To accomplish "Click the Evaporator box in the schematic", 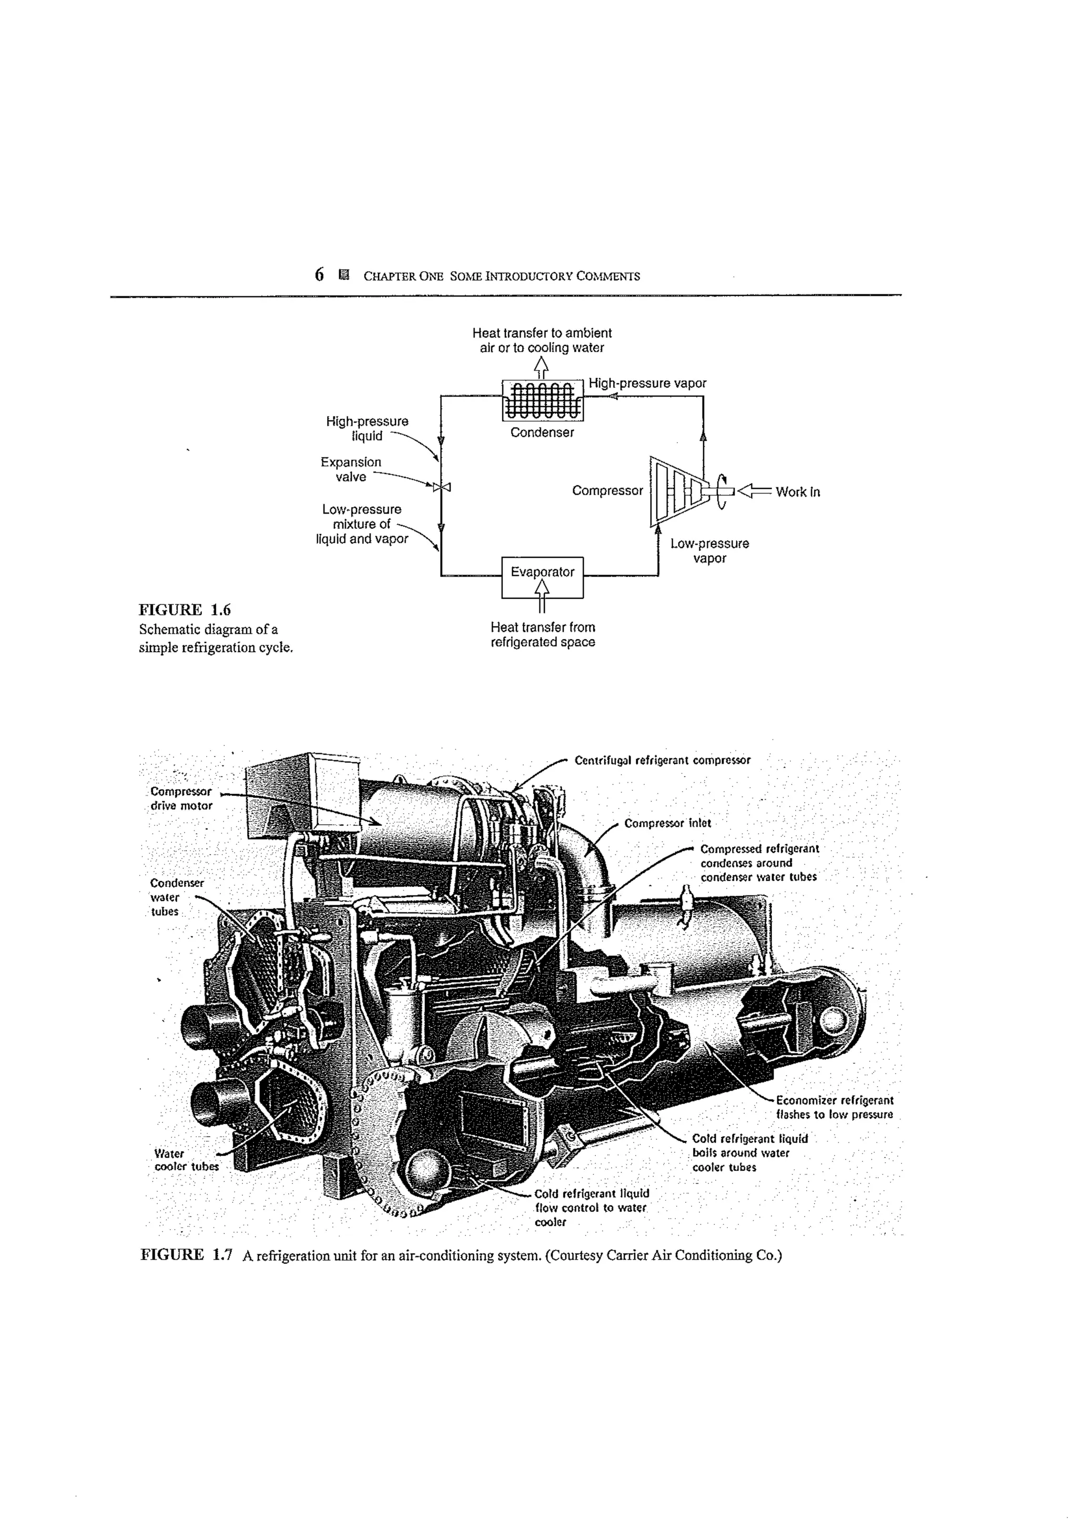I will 542,572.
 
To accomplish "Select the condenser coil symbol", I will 542,400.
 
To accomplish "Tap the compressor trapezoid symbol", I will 674,491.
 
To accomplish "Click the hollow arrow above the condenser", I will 542,366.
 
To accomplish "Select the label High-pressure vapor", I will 647,383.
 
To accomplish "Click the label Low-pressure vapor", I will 709,550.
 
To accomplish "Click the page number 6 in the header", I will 319,274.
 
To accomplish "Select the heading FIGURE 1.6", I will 185,610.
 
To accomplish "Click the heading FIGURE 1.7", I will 186,1254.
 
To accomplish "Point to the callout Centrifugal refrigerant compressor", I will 662,760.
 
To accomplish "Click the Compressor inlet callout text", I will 667,823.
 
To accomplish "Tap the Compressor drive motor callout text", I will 180,799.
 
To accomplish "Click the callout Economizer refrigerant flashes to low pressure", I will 834,1107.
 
